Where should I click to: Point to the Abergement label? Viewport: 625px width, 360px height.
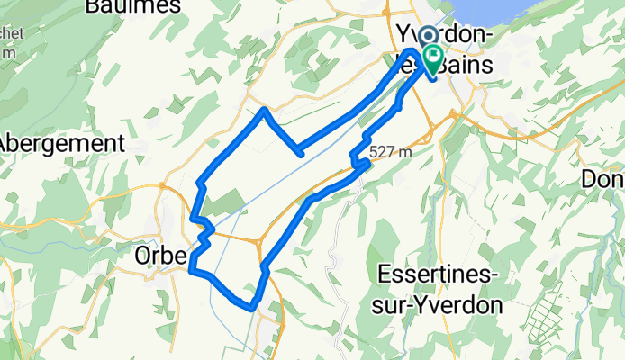[61, 143]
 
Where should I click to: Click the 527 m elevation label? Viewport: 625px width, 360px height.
[391, 151]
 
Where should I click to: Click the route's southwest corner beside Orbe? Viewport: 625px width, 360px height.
[192, 267]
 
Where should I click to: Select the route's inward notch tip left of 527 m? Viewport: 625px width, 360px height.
[299, 154]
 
